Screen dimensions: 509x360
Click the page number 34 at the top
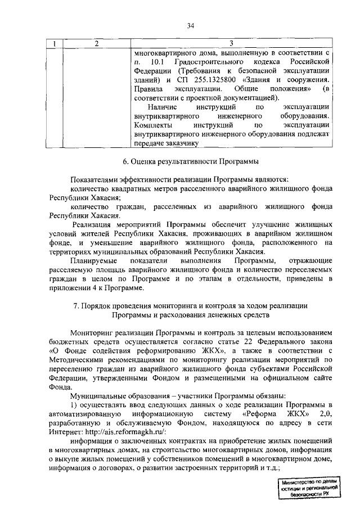pyautogui.click(x=191, y=25)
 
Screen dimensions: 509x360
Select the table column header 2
pyautogui.click(x=96, y=43)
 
